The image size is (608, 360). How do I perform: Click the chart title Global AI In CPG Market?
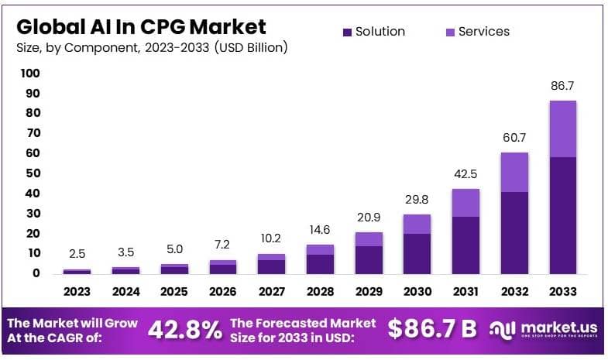[x=142, y=26]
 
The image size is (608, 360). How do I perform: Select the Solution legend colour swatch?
[x=347, y=32]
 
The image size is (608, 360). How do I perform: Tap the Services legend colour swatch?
[x=449, y=32]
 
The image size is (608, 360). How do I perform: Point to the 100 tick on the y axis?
[x=30, y=74]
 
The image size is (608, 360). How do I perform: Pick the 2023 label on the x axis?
[x=77, y=292]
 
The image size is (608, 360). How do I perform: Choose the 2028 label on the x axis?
[x=319, y=292]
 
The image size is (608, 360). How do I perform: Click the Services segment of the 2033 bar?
[x=562, y=129]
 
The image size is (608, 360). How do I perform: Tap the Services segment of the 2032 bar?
[x=514, y=172]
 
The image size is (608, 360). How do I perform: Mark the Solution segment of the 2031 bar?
[x=465, y=245]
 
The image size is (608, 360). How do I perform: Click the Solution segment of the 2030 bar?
[x=417, y=253]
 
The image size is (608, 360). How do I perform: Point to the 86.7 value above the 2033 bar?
[x=562, y=86]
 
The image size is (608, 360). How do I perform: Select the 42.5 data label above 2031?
[x=465, y=174]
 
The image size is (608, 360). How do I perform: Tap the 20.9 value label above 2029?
[x=368, y=218]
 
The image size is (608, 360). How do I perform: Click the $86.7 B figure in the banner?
[x=432, y=328]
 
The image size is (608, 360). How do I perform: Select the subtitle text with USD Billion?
[x=152, y=48]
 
